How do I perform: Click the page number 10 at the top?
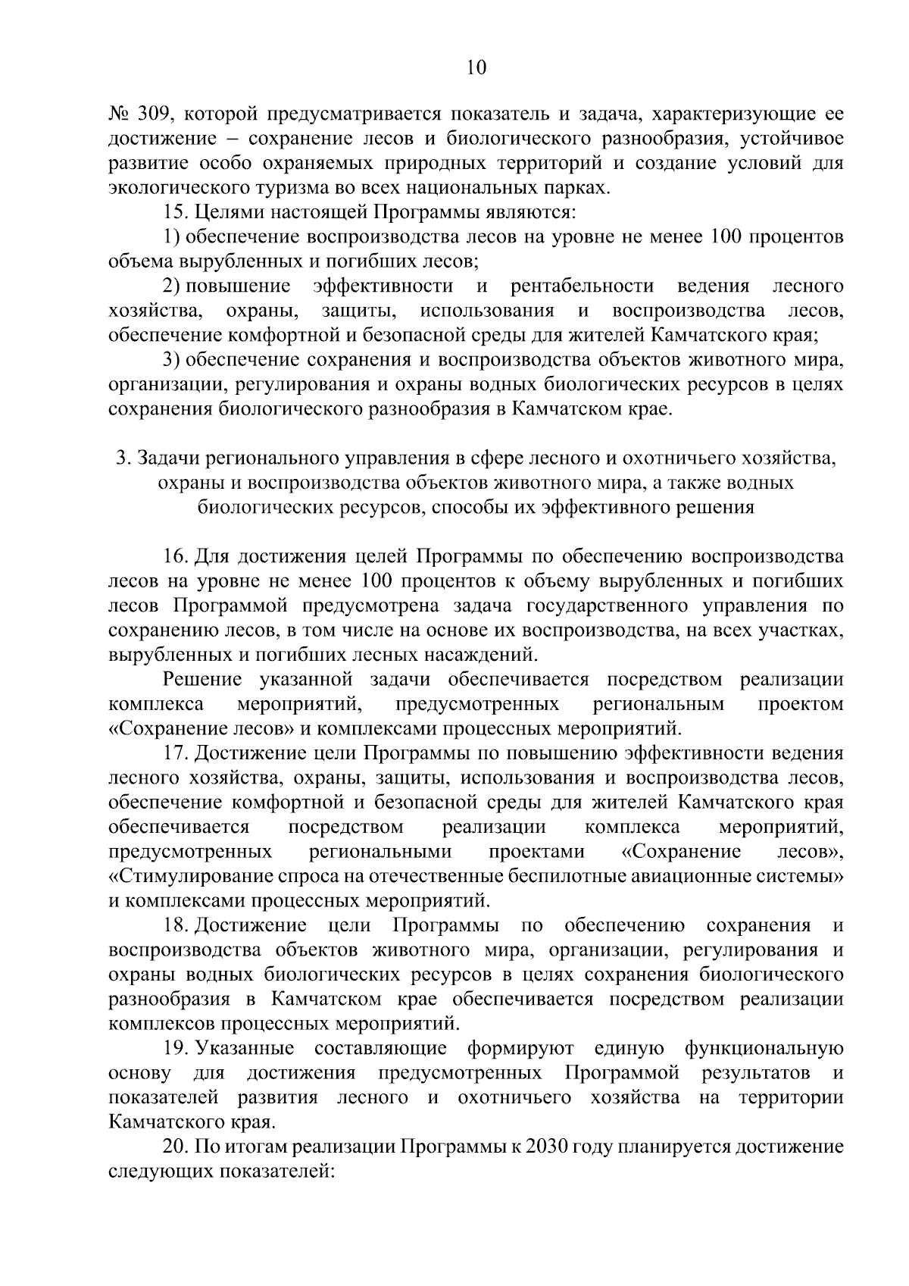coord(476,68)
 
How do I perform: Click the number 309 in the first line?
coord(156,115)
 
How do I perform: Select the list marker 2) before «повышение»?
coord(173,286)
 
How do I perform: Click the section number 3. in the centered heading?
coord(122,458)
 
